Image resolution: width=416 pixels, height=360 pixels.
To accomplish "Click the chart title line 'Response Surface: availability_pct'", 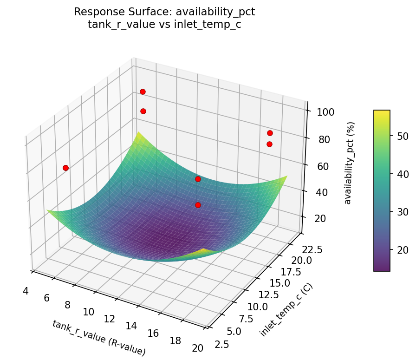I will click(164, 12).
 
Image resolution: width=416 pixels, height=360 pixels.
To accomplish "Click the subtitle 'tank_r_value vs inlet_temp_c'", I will click(164, 24).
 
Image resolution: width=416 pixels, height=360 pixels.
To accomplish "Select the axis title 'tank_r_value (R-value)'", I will click(99, 338).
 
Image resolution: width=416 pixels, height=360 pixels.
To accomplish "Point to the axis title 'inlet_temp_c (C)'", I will click(286, 310).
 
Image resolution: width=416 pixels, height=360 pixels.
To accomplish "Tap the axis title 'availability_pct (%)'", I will click(351, 163).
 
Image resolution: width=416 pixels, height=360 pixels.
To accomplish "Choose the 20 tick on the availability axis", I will click(322, 219).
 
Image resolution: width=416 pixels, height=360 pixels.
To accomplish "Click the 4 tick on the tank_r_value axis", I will click(26, 291).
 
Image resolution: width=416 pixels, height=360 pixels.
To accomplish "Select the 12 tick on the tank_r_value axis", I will click(109, 319).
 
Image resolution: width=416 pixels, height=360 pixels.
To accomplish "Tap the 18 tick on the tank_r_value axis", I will click(175, 341).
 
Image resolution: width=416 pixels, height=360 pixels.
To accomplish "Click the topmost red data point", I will click(143, 92).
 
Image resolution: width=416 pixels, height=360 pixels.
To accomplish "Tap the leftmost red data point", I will click(65, 168).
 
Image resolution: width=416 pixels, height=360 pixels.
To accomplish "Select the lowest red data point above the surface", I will click(198, 205).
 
